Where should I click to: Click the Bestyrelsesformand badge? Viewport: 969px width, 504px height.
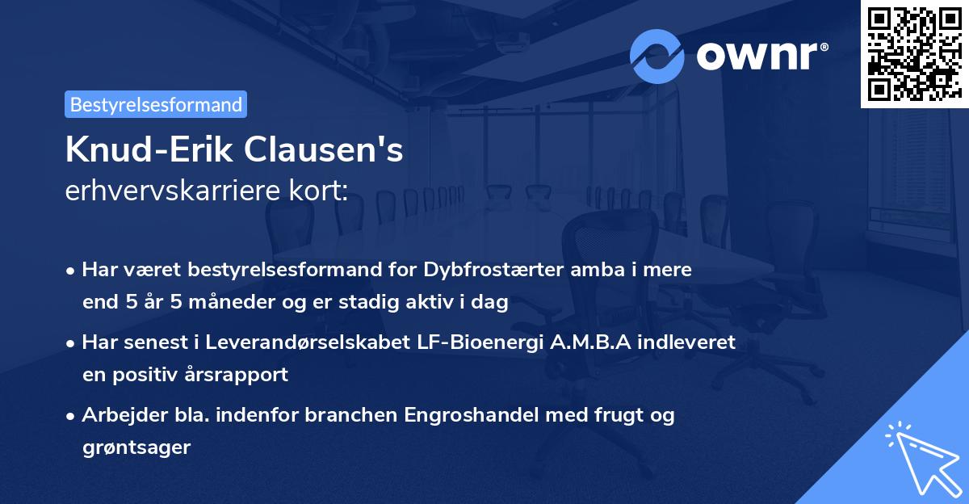click(156, 104)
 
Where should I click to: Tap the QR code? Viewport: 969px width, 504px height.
click(913, 53)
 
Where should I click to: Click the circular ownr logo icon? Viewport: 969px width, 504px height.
click(657, 57)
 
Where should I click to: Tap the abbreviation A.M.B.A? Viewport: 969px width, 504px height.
click(585, 342)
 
